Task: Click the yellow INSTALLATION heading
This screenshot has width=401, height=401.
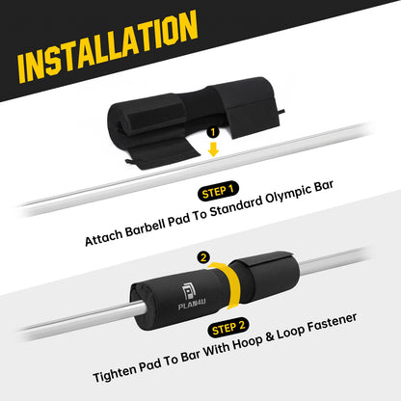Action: click(108, 46)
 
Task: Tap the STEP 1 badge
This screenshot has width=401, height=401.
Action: click(218, 192)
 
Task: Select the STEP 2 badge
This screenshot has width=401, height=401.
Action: click(228, 328)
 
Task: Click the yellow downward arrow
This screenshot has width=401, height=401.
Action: click(213, 148)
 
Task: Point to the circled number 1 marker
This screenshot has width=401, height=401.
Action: click(213, 132)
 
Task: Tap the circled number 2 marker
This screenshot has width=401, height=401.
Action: click(203, 257)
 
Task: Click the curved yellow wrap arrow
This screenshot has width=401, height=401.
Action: click(227, 282)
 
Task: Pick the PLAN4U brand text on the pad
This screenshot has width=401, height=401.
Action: click(192, 304)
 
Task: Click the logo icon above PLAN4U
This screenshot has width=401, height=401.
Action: click(188, 291)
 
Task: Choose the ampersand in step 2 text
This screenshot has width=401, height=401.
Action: click(269, 337)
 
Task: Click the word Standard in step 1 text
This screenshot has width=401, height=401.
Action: click(236, 207)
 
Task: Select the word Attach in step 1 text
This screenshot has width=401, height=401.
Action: click(103, 237)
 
